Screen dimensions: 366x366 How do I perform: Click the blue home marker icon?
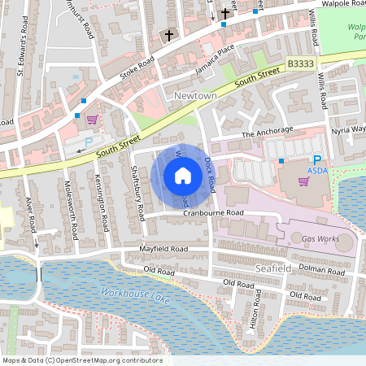coord(183,175)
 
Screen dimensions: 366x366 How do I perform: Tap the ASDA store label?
coord(317,172)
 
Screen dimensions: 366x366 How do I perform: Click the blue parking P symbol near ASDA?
coord(317,161)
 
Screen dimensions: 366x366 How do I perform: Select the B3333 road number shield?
coord(300,63)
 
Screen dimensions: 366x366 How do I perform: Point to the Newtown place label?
coord(194,96)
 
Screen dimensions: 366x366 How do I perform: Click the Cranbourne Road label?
coord(213,212)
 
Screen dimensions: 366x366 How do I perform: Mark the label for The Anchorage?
coord(265,134)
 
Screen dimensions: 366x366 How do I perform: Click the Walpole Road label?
coord(340,3)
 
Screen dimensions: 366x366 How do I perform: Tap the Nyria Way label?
coord(348,129)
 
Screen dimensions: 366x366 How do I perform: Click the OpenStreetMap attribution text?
coord(81,360)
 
